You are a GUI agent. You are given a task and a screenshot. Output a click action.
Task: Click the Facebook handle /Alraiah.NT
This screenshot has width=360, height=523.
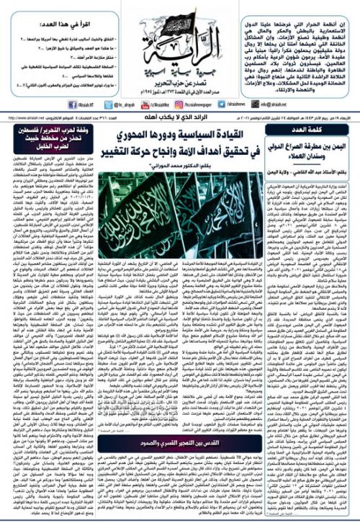coord(24,83)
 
